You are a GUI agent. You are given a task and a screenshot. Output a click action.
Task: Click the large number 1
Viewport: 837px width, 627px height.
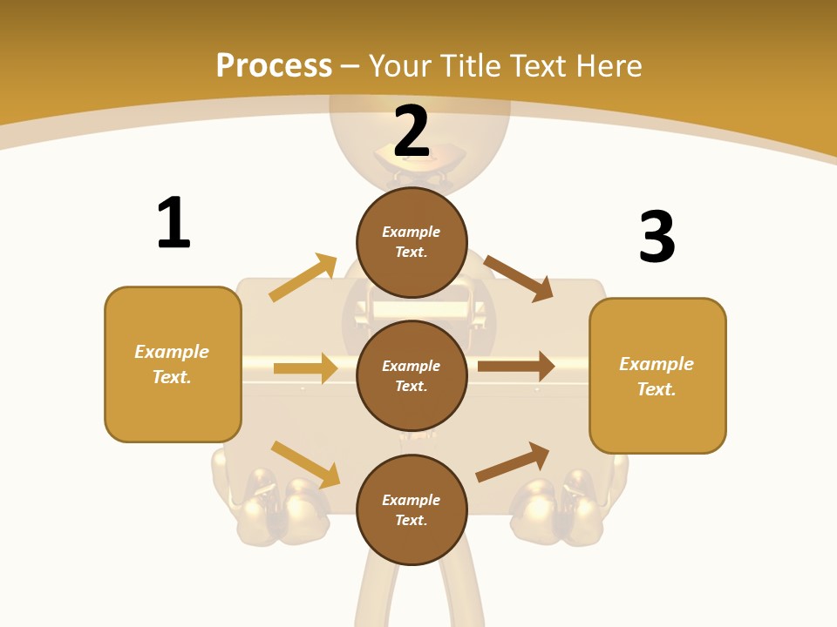174,223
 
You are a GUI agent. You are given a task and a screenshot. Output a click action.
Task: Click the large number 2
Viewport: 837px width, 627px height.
412,132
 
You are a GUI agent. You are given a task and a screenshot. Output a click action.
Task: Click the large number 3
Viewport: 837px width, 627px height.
657,237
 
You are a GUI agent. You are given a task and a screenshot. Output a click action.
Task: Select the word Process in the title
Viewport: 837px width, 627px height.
274,65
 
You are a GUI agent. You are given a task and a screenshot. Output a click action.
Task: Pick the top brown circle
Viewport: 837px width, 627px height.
412,242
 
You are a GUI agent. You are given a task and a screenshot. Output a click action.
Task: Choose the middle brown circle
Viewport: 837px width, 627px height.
412,375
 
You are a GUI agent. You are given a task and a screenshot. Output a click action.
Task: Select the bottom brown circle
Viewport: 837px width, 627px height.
412,509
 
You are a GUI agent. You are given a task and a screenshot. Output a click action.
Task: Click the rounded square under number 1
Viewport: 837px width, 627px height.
173,364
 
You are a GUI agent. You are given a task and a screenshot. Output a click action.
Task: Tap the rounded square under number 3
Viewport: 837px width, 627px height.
657,376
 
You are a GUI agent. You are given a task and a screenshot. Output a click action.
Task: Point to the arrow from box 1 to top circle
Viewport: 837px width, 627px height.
303,277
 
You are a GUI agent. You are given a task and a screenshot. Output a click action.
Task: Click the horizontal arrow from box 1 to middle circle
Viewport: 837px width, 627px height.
305,368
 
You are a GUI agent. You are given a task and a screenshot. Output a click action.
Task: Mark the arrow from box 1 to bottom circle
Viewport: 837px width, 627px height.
305,464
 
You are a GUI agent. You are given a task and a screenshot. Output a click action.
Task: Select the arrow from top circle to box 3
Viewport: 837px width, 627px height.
519,278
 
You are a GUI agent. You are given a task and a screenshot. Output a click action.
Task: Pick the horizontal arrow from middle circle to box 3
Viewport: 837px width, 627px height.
516,367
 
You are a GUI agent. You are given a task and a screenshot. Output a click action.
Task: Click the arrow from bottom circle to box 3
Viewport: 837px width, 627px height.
513,462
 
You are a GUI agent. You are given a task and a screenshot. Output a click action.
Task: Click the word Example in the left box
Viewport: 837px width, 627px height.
172,352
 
